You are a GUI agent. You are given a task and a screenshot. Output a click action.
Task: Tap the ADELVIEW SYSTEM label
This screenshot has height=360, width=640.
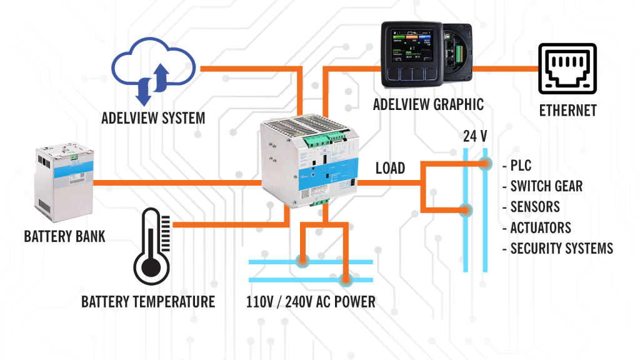154,117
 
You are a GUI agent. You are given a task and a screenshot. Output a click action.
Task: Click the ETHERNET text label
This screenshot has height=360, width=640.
568,111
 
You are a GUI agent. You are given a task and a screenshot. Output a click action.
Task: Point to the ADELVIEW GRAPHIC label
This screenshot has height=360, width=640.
428,104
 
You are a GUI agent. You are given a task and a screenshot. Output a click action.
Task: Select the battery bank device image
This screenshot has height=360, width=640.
63,181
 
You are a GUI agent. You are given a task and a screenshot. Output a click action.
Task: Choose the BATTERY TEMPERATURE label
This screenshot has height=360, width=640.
148,302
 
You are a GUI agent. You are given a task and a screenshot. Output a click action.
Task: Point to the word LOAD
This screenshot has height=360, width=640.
391,168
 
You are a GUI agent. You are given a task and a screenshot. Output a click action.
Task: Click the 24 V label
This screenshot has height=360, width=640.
476,136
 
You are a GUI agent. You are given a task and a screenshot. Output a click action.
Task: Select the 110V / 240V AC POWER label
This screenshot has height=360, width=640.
311,302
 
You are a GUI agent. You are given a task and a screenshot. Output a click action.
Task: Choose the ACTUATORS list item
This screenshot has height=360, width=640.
540,227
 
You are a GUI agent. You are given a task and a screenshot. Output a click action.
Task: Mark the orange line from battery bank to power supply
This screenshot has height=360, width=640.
175,183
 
